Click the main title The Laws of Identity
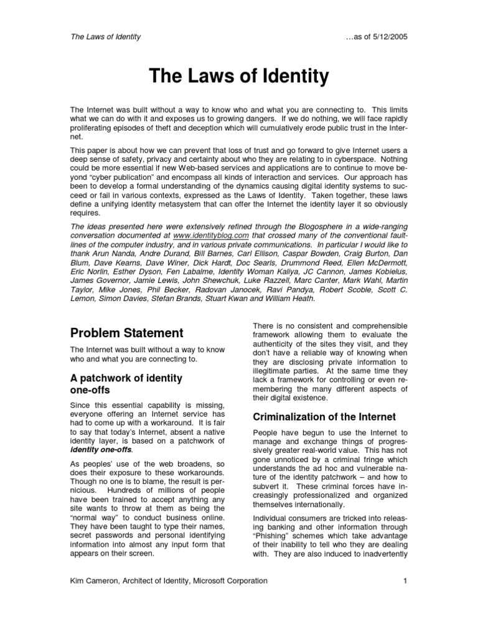[238, 77]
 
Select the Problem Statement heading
[126, 333]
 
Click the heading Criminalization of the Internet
[322, 416]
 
